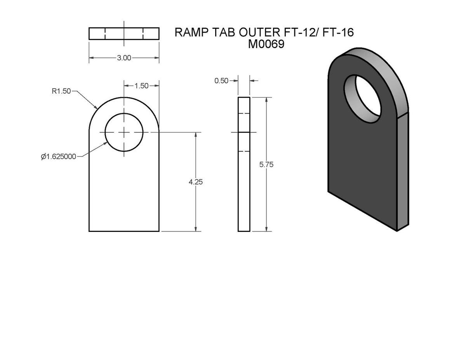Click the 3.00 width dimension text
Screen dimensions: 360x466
coord(124,58)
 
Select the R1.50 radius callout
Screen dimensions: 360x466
coord(61,92)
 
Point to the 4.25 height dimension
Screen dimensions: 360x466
coord(196,181)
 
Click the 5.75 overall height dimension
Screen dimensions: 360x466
coord(266,164)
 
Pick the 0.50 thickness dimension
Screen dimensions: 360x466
coord(221,80)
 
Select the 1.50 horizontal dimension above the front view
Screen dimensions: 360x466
coord(141,86)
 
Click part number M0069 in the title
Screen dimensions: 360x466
coord(266,44)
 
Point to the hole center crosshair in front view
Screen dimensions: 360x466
coord(124,132)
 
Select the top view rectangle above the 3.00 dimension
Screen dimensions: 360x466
coord(124,33)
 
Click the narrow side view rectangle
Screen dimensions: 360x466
coord(244,164)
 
